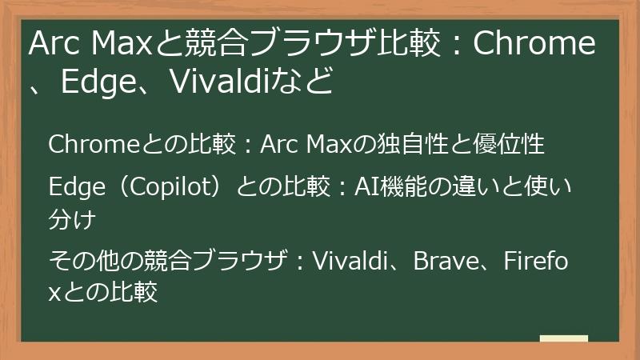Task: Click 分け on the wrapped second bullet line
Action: click(73, 218)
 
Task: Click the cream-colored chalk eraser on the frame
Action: click(563, 339)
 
